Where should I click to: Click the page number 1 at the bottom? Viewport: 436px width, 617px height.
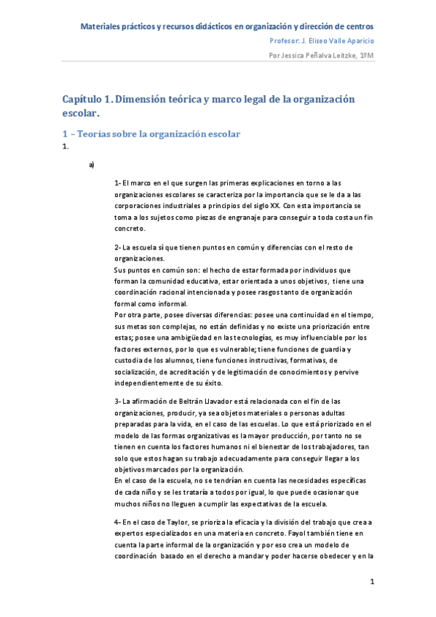click(x=372, y=581)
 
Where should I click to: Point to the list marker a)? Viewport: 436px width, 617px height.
click(x=92, y=164)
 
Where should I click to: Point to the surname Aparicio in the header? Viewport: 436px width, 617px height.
click(x=358, y=41)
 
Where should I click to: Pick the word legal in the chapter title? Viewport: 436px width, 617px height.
click(x=260, y=98)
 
